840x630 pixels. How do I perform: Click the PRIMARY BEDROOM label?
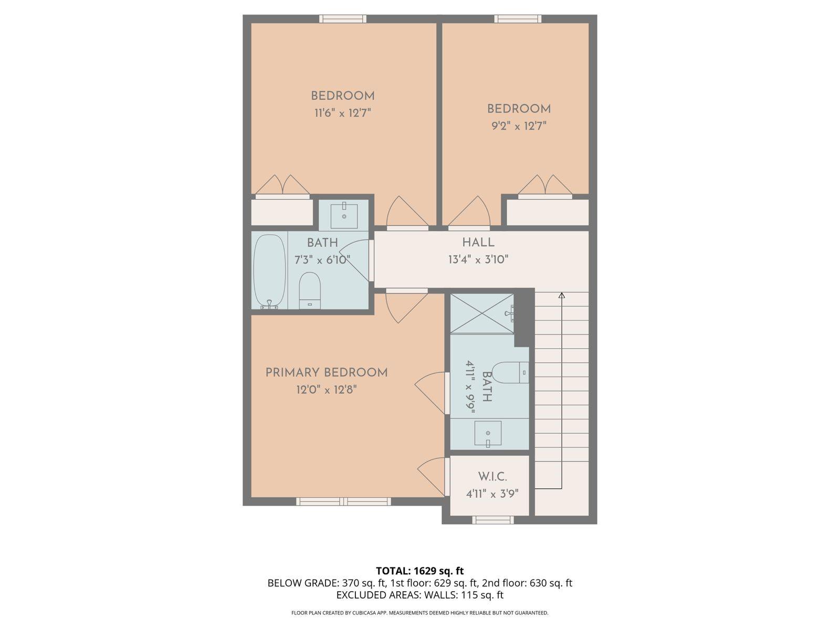coord(326,373)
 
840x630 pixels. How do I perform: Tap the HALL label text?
coord(478,243)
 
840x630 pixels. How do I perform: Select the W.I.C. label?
coord(492,477)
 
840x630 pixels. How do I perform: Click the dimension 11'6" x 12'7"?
coord(343,113)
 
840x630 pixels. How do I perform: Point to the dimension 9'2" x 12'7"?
coord(518,126)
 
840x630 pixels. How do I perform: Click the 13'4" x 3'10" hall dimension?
coord(478,259)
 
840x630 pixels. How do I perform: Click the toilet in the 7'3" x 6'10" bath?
coord(310,290)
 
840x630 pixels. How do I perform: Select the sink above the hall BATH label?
coord(344,216)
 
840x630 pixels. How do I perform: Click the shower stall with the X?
coord(482,313)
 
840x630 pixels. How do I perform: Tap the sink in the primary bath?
coord(488,434)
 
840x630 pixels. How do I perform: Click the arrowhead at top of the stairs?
coord(561,296)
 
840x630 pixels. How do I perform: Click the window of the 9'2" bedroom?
coord(518,19)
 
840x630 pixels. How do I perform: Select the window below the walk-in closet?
coord(492,520)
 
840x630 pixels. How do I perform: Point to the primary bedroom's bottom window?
coord(343,501)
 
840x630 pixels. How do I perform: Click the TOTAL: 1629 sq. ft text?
coord(419,571)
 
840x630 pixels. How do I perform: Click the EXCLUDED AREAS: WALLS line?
coord(419,595)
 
